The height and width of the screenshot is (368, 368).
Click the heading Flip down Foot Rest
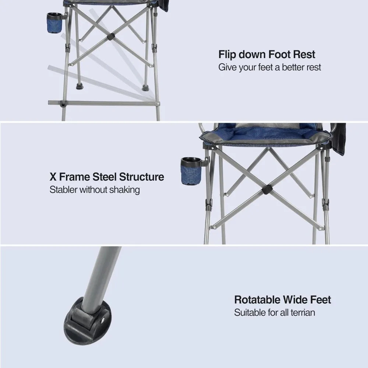267,55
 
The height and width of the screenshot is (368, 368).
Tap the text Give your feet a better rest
270,67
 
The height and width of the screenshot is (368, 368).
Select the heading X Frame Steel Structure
107,177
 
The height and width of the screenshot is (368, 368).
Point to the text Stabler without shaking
95,190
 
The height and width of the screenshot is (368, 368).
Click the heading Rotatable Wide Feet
283,300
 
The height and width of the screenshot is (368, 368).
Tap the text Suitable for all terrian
275,313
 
